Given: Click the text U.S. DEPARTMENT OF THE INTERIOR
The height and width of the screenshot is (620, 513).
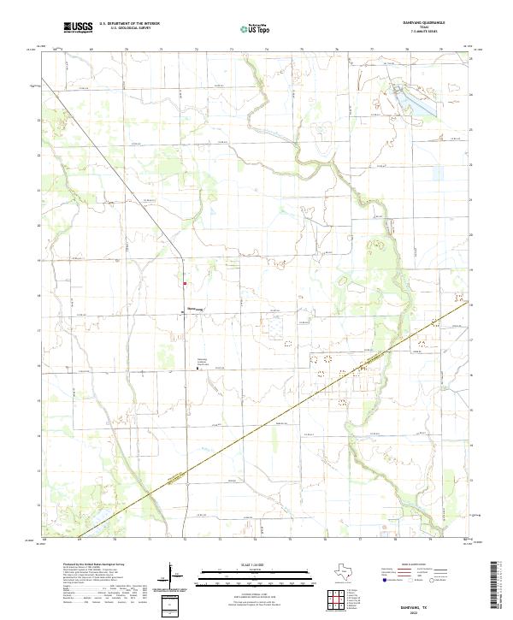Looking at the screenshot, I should pyautogui.click(x=130, y=24).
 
